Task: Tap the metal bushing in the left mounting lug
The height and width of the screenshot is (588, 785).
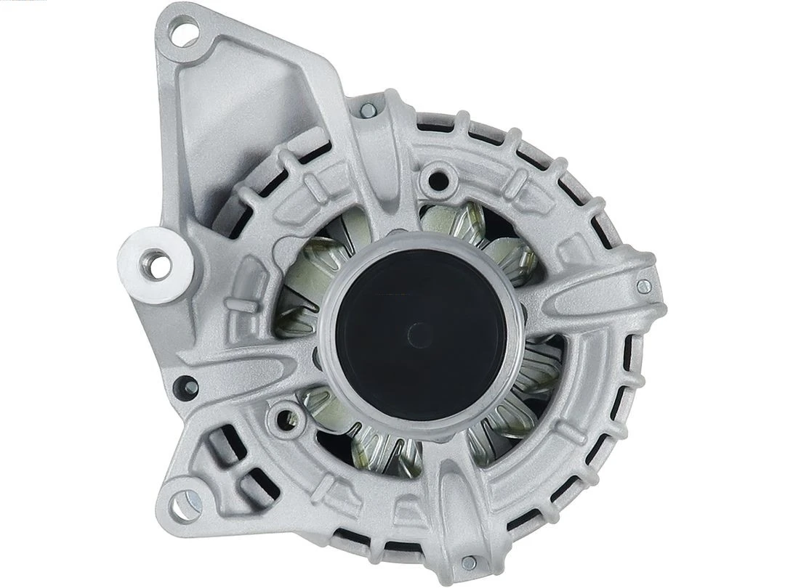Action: (156, 262)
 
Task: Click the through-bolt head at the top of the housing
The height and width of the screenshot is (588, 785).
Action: (369, 110)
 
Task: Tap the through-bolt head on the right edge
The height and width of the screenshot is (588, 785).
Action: (643, 286)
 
